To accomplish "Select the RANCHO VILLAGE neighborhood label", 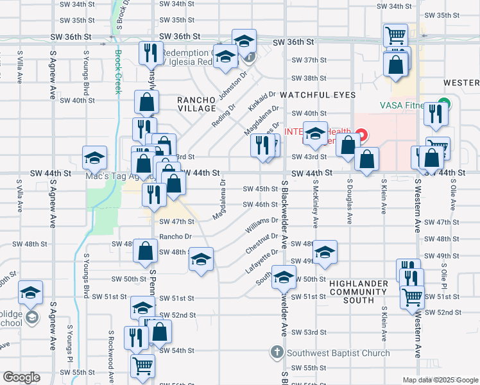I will [197, 104].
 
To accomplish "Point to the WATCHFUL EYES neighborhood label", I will [317, 95].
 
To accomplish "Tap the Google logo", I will [22, 377].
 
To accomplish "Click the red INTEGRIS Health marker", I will [361, 135].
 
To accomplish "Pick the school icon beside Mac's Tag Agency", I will [94, 157].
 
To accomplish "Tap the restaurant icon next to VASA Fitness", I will [437, 114].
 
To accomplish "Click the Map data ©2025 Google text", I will [440, 380].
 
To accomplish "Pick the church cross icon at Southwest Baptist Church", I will [277, 352].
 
